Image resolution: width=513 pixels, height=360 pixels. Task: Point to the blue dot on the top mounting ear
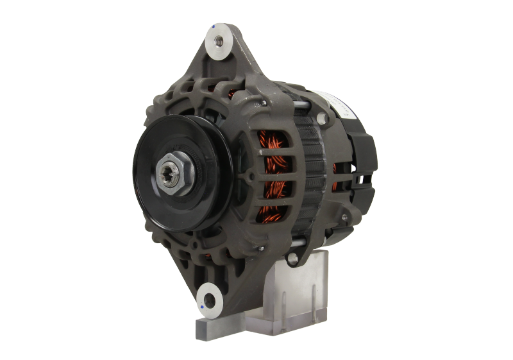tap(213, 28)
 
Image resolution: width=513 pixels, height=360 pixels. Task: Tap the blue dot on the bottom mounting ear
tap(203, 309)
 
